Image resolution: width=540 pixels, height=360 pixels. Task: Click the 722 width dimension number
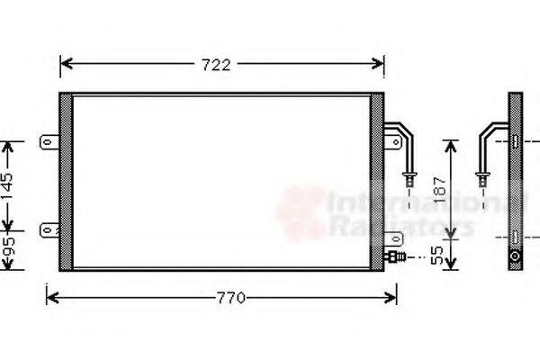point(220,64)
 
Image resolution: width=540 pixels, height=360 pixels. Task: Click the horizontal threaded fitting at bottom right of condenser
point(396,256)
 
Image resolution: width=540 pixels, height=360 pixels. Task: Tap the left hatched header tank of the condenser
point(66,181)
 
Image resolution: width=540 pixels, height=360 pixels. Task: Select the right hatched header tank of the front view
point(377,181)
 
